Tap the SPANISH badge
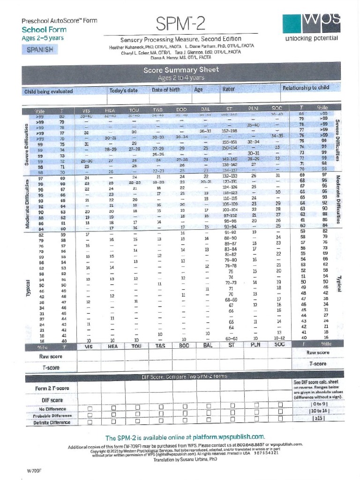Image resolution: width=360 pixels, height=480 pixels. click(39, 49)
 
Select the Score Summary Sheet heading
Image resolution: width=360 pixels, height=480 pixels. click(181, 70)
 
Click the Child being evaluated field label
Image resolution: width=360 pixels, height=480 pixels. click(48, 90)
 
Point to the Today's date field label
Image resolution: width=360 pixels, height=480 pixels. click(123, 90)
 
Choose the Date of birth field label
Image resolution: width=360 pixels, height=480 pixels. click(165, 90)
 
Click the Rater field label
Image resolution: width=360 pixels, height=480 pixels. click(228, 89)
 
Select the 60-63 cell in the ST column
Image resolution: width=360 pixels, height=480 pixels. click(231, 338)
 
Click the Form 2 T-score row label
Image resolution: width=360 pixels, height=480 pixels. click(52, 389)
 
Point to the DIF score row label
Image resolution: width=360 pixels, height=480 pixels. click(52, 400)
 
